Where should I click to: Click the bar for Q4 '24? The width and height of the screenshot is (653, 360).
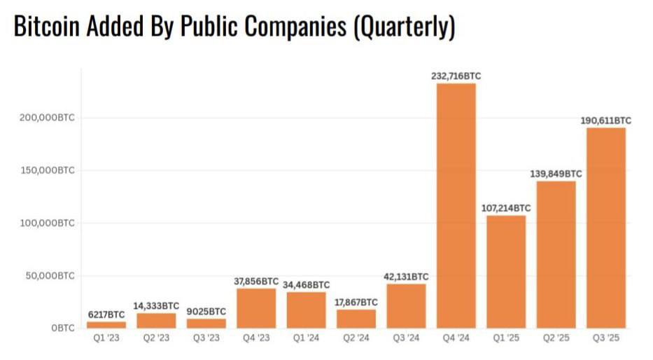click(456, 205)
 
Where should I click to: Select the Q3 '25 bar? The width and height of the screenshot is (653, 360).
click(606, 228)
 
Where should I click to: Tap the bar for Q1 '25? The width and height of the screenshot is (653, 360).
click(506, 271)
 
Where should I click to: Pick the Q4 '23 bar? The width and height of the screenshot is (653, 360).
click(255, 308)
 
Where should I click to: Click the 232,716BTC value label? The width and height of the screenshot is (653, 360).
click(456, 76)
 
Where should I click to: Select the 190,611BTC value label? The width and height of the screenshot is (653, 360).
click(605, 120)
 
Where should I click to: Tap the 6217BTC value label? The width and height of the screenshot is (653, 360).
click(106, 315)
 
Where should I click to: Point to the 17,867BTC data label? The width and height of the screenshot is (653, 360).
click(356, 302)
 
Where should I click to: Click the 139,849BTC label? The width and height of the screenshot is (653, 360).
click(556, 174)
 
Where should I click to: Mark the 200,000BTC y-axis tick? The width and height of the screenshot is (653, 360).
click(48, 118)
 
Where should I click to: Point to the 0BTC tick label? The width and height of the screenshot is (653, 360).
click(62, 328)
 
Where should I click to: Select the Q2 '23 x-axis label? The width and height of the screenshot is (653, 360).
click(155, 339)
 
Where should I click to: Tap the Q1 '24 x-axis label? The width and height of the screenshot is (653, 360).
click(306, 339)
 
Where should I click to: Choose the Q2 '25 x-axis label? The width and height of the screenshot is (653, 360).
click(556, 339)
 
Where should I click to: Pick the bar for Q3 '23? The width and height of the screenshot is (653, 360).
click(206, 324)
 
